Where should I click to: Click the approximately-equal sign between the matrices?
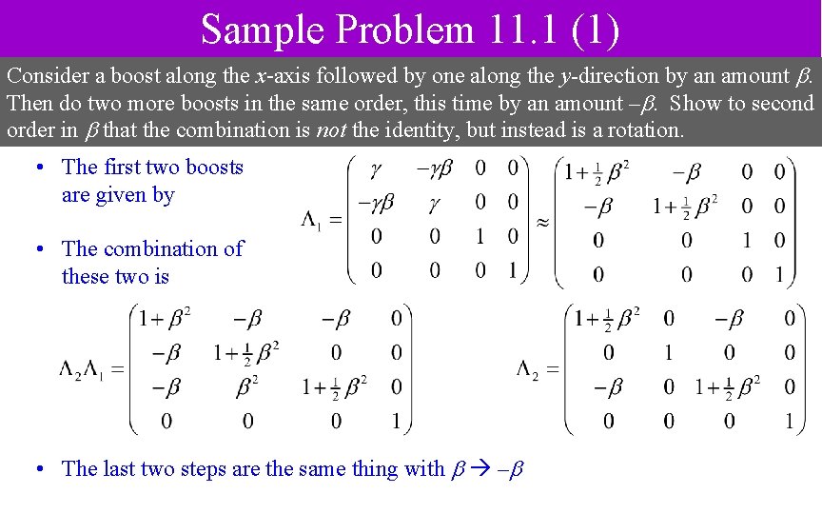click(541, 220)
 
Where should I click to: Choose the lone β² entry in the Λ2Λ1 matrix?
click(247, 385)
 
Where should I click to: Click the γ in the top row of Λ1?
click(377, 168)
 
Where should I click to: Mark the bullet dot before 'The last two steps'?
click(40, 468)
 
